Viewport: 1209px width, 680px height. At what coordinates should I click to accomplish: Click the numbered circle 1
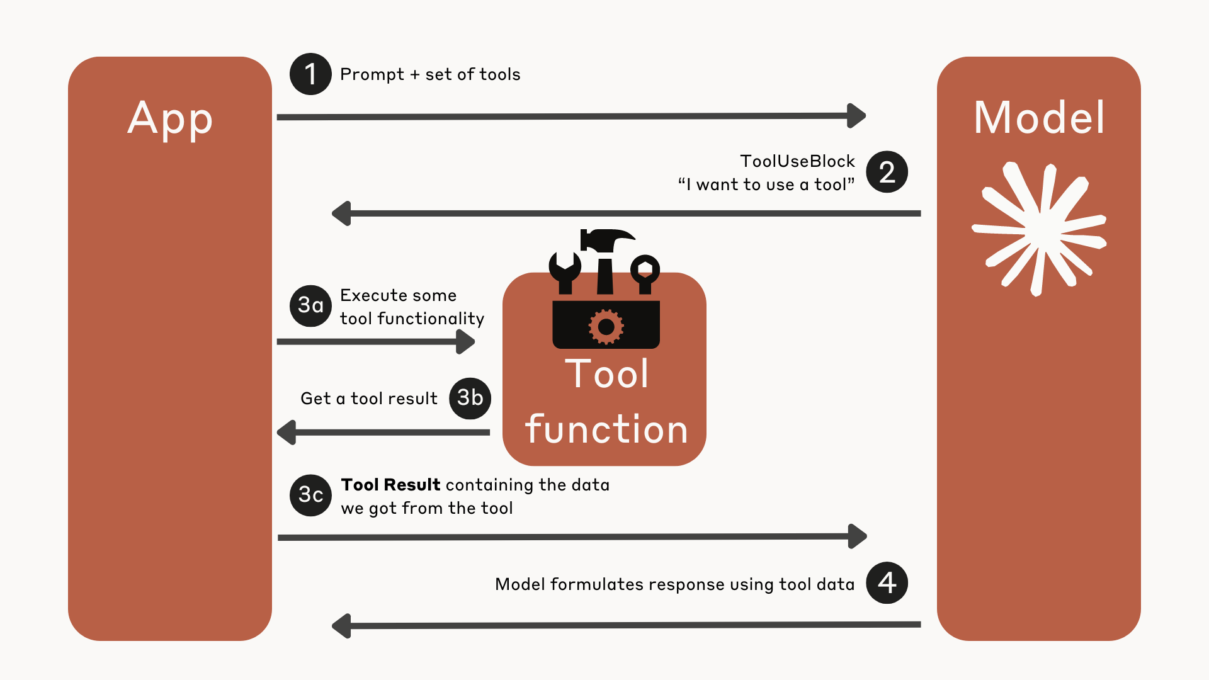click(x=310, y=74)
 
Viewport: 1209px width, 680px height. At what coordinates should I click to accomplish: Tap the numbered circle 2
click(x=887, y=172)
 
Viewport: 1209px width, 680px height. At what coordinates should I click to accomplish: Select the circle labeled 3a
click(x=310, y=306)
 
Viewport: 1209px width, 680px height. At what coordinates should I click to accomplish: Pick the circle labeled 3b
click(x=470, y=398)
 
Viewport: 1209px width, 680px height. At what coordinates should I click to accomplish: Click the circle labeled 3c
click(x=310, y=495)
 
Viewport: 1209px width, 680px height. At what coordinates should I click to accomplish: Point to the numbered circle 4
click(x=887, y=583)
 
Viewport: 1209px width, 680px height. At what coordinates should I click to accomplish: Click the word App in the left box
click(x=170, y=120)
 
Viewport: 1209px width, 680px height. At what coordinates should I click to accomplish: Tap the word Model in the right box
click(x=1039, y=118)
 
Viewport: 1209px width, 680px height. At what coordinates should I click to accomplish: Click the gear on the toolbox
click(x=606, y=327)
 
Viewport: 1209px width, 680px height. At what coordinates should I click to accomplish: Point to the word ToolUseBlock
click(x=797, y=161)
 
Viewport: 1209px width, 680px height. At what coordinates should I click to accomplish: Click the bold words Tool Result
click(x=390, y=485)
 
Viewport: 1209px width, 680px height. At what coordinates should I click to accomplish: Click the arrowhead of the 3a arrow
click(x=465, y=342)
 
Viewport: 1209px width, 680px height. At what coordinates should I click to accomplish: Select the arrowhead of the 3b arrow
click(x=287, y=433)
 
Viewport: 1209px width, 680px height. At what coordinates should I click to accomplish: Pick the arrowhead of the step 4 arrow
click(x=341, y=626)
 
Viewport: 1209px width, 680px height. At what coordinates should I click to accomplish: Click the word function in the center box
click(x=606, y=429)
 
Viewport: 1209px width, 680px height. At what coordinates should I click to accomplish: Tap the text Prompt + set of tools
click(x=430, y=74)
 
